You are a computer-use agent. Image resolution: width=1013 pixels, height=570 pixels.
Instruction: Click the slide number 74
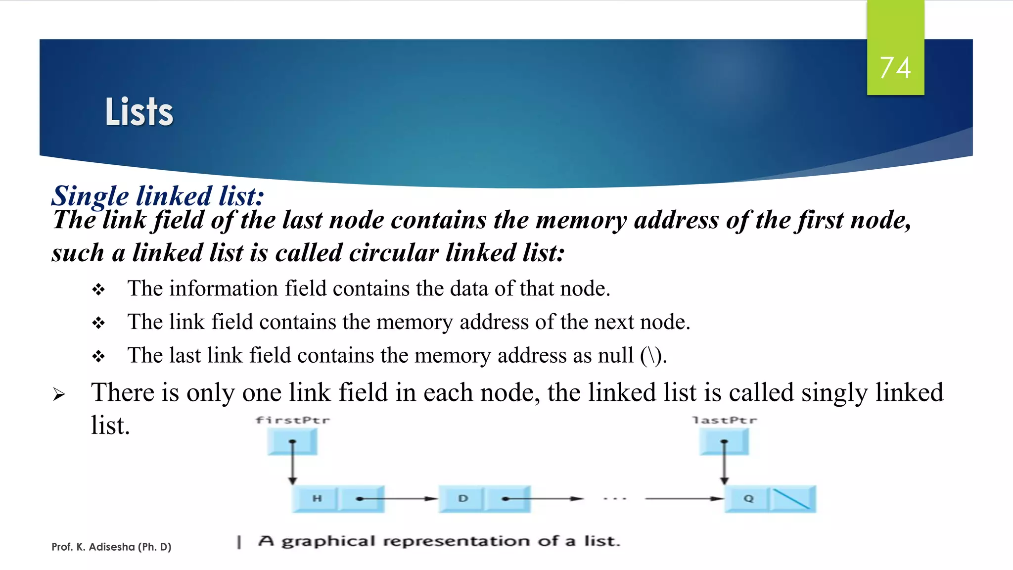[895, 68]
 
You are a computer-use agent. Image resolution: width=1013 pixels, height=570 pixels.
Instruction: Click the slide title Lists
[139, 112]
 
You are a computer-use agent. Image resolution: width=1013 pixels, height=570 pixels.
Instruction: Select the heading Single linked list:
[158, 196]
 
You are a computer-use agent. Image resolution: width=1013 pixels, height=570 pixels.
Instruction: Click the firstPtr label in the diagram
[292, 421]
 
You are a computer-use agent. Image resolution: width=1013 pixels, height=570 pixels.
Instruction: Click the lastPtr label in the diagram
[724, 421]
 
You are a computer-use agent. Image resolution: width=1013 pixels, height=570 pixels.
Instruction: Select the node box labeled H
[317, 498]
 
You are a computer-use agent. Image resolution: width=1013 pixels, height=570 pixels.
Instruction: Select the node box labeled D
[462, 498]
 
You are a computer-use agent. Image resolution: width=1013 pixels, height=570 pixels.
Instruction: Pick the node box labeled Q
[748, 498]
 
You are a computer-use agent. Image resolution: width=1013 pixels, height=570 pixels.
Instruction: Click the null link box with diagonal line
[792, 499]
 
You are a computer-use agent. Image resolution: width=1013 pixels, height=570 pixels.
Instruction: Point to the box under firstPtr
[292, 441]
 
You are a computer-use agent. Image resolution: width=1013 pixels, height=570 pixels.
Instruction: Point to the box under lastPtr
[724, 441]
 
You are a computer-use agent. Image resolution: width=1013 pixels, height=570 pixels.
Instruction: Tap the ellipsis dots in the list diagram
[615, 499]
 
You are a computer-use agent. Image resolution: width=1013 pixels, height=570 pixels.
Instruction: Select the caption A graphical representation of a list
[438, 541]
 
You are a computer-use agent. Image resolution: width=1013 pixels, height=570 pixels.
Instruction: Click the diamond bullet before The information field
[98, 289]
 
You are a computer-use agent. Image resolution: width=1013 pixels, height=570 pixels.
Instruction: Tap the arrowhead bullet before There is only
[59, 394]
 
